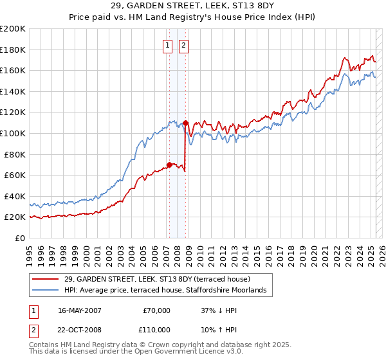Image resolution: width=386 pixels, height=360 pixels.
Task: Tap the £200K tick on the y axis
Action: (x=13, y=29)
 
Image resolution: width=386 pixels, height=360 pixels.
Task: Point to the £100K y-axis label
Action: (x=13, y=133)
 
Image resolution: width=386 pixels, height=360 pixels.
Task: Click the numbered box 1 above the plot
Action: (x=168, y=45)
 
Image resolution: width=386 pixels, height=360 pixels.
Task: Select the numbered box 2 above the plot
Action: (x=183, y=45)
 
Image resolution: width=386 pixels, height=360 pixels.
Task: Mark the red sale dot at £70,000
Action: (x=169, y=165)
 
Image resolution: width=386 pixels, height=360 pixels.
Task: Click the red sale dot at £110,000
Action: (x=185, y=123)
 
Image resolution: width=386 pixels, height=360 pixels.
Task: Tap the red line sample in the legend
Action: (x=45, y=279)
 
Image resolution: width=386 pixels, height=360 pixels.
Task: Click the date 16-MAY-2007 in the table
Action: (x=79, y=310)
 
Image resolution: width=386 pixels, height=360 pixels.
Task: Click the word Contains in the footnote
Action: (x=44, y=345)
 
